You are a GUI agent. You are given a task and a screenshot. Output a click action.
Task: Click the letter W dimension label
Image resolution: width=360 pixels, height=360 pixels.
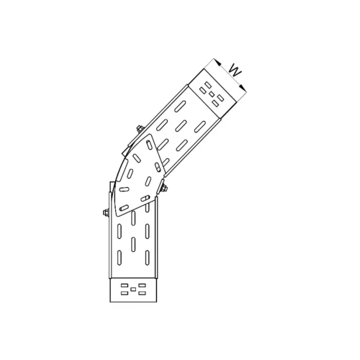pyautogui.click(x=235, y=71)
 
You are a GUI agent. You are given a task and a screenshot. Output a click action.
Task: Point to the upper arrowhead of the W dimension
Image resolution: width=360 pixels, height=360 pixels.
pyautogui.click(x=217, y=62)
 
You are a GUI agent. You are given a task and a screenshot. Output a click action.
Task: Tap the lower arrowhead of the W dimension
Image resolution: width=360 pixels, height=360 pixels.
pyautogui.click(x=243, y=88)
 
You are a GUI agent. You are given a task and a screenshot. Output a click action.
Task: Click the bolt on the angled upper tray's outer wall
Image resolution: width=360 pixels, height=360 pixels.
pyautogui.click(x=140, y=129)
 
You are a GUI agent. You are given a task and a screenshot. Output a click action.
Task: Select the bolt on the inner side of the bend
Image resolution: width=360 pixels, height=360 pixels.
pyautogui.click(x=165, y=189)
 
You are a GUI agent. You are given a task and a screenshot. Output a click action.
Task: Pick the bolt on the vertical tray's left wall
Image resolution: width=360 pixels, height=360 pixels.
pyautogui.click(x=106, y=212)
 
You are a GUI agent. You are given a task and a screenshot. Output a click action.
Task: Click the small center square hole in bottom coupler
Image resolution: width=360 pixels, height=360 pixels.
pyautogui.click(x=133, y=289)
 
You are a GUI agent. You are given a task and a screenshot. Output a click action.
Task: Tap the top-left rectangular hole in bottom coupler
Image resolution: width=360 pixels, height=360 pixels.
pyautogui.click(x=125, y=285)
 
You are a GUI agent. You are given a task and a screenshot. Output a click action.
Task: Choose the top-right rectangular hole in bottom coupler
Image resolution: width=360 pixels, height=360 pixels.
pyautogui.click(x=142, y=285)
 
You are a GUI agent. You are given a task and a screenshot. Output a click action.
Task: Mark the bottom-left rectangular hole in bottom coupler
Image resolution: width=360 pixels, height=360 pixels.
pyautogui.click(x=125, y=293)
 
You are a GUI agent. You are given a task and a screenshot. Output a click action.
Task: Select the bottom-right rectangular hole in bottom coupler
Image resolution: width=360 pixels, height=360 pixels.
pyautogui.click(x=142, y=293)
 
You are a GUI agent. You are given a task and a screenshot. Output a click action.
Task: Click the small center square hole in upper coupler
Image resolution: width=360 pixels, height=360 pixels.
pyautogui.click(x=212, y=94)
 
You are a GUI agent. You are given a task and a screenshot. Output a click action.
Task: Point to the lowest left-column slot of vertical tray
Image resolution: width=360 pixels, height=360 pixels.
pyautogui.click(x=120, y=258)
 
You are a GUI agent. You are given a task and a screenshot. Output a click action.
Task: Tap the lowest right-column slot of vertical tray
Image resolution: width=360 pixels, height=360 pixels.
pyautogui.click(x=148, y=258)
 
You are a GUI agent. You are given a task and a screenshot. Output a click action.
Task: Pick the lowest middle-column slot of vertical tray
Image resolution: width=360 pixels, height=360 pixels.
pyautogui.click(x=133, y=244)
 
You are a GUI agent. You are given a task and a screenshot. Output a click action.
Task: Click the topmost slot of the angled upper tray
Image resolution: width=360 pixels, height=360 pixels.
pyautogui.click(x=180, y=107)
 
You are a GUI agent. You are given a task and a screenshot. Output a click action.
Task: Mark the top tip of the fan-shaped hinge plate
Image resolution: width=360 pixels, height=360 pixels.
pyautogui.click(x=150, y=135)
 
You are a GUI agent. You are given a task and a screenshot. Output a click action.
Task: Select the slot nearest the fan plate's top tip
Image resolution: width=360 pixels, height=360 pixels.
pyautogui.click(x=149, y=145)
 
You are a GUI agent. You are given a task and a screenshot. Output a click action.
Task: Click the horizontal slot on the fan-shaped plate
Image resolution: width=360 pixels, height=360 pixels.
pyautogui.click(x=124, y=189)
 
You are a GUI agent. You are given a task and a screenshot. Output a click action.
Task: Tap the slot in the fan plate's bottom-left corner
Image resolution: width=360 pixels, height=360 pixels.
pyautogui.click(x=124, y=208)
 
